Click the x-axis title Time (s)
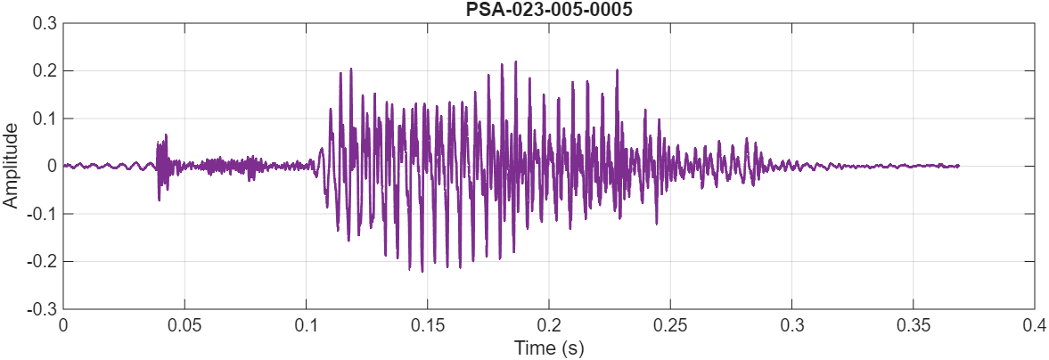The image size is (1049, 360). tap(548, 348)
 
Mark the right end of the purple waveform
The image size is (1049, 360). tap(958, 166)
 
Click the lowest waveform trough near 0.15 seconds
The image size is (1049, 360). tap(422, 271)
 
